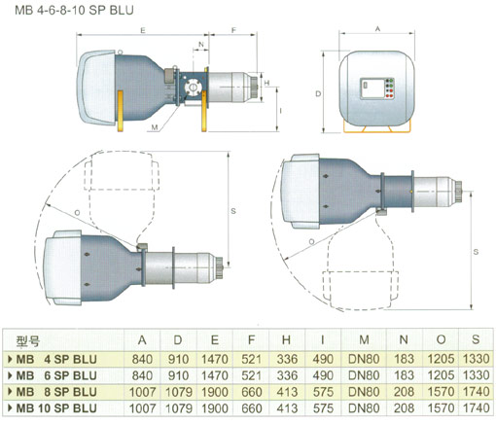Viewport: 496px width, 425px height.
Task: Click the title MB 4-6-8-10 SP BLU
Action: coord(74,10)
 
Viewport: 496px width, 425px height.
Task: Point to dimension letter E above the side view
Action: coord(143,31)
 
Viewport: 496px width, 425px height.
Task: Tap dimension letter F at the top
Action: coord(233,30)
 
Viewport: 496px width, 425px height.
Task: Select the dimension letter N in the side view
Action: coord(201,44)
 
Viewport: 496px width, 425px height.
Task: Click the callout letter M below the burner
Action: coord(155,127)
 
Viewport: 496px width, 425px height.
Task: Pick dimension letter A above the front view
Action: coord(377,29)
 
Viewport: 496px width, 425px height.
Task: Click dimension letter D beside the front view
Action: coord(318,93)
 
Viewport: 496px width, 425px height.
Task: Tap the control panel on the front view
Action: coord(377,89)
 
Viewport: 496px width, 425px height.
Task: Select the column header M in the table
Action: coord(364,339)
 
